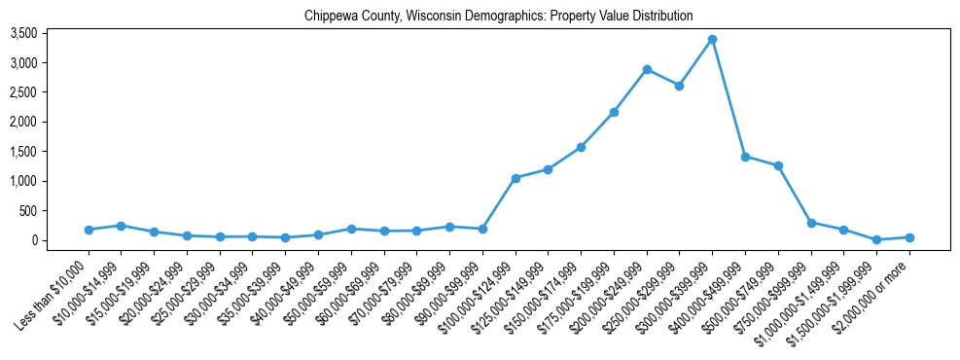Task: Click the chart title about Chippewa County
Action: click(498, 16)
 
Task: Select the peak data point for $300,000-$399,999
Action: click(712, 39)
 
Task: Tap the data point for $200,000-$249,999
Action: click(647, 69)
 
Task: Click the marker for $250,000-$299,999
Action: click(679, 86)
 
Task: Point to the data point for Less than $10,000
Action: click(89, 230)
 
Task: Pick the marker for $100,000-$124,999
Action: click(516, 178)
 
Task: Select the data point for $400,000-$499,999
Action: click(745, 157)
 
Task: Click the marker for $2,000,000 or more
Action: click(909, 237)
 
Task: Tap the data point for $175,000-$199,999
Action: click(614, 112)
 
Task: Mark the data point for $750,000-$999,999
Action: click(811, 223)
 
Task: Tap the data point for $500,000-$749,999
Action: click(778, 165)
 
